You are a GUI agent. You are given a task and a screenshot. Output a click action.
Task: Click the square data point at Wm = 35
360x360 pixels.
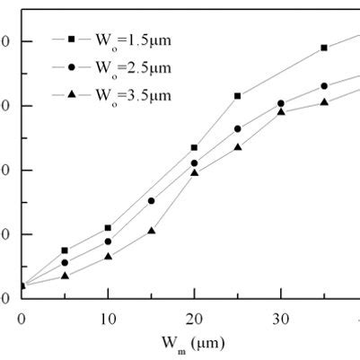tap(324, 48)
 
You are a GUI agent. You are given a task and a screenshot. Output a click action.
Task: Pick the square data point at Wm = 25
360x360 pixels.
tap(238, 96)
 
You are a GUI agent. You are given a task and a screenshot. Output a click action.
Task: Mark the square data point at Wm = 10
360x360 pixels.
tap(108, 228)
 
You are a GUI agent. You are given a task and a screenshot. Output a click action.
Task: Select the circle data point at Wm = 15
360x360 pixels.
tap(151, 201)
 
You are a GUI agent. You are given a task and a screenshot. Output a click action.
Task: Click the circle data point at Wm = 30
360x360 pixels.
tap(281, 104)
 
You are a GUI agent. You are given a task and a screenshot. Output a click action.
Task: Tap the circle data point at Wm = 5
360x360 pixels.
tap(65, 263)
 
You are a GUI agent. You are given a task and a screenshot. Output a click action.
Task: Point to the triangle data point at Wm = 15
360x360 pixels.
tap(151, 231)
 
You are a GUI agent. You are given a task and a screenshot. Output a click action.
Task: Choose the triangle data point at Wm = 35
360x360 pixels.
tap(324, 101)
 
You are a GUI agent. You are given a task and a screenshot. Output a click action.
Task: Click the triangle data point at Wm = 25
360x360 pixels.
tap(238, 146)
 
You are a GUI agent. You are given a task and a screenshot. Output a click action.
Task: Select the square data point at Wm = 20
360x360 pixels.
tap(194, 147)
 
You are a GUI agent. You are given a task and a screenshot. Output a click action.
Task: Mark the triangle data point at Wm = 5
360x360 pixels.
tap(65, 276)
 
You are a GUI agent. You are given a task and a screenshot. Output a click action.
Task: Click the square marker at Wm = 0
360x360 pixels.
tap(22, 286)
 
